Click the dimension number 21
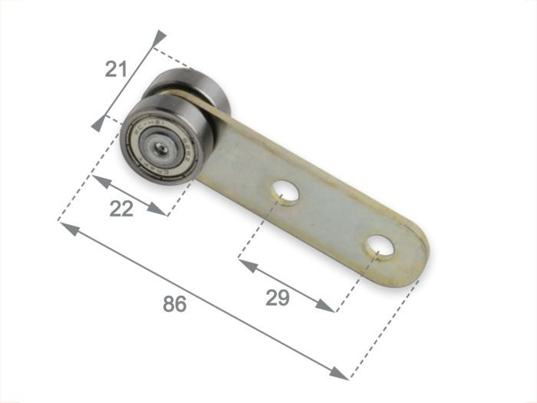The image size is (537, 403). [116, 70]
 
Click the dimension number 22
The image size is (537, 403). [121, 209]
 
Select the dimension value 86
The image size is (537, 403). [175, 304]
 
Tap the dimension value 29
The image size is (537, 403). [278, 298]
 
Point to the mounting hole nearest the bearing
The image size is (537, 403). [287, 190]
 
